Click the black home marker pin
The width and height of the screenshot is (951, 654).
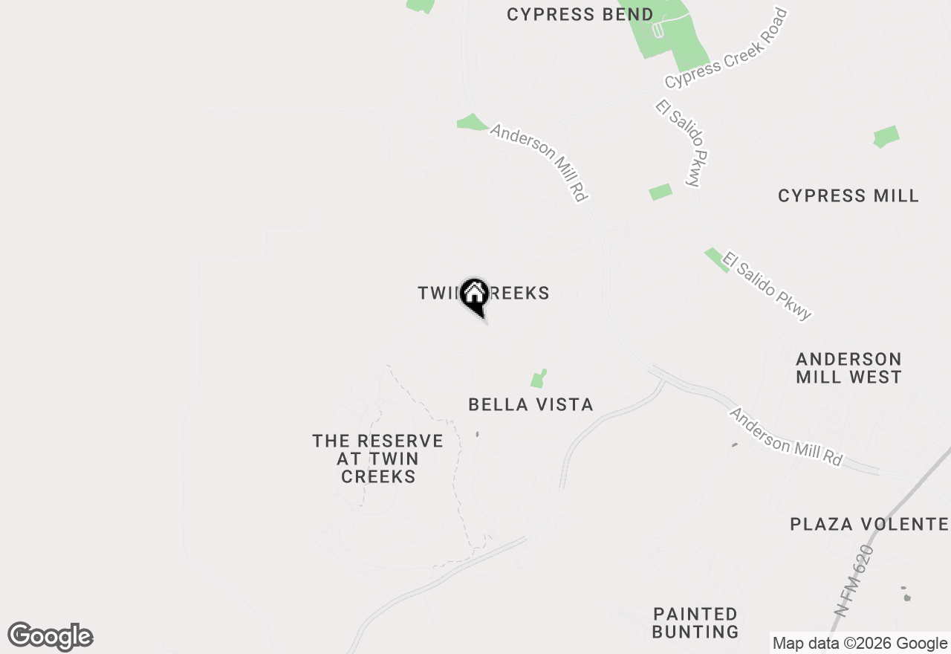point(473,296)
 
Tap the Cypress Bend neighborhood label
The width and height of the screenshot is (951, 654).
point(580,15)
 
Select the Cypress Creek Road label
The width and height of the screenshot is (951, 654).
point(726,49)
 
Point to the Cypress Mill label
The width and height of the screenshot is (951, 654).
point(848,196)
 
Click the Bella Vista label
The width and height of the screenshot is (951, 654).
point(530,405)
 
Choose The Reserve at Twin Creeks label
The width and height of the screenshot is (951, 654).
point(377,459)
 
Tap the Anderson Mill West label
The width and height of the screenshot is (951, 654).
point(848,368)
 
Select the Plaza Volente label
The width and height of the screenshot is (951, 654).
point(869,525)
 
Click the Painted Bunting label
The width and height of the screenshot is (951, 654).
point(695,623)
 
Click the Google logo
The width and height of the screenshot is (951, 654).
point(51,637)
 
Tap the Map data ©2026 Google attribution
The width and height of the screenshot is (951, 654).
point(860,644)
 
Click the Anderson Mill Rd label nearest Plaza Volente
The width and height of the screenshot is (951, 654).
point(786,437)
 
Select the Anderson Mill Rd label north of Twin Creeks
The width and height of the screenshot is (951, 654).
point(539,163)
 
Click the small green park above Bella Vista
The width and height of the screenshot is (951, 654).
point(539,378)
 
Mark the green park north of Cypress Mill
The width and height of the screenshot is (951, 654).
point(886,137)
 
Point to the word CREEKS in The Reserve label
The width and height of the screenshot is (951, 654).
point(378,476)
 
